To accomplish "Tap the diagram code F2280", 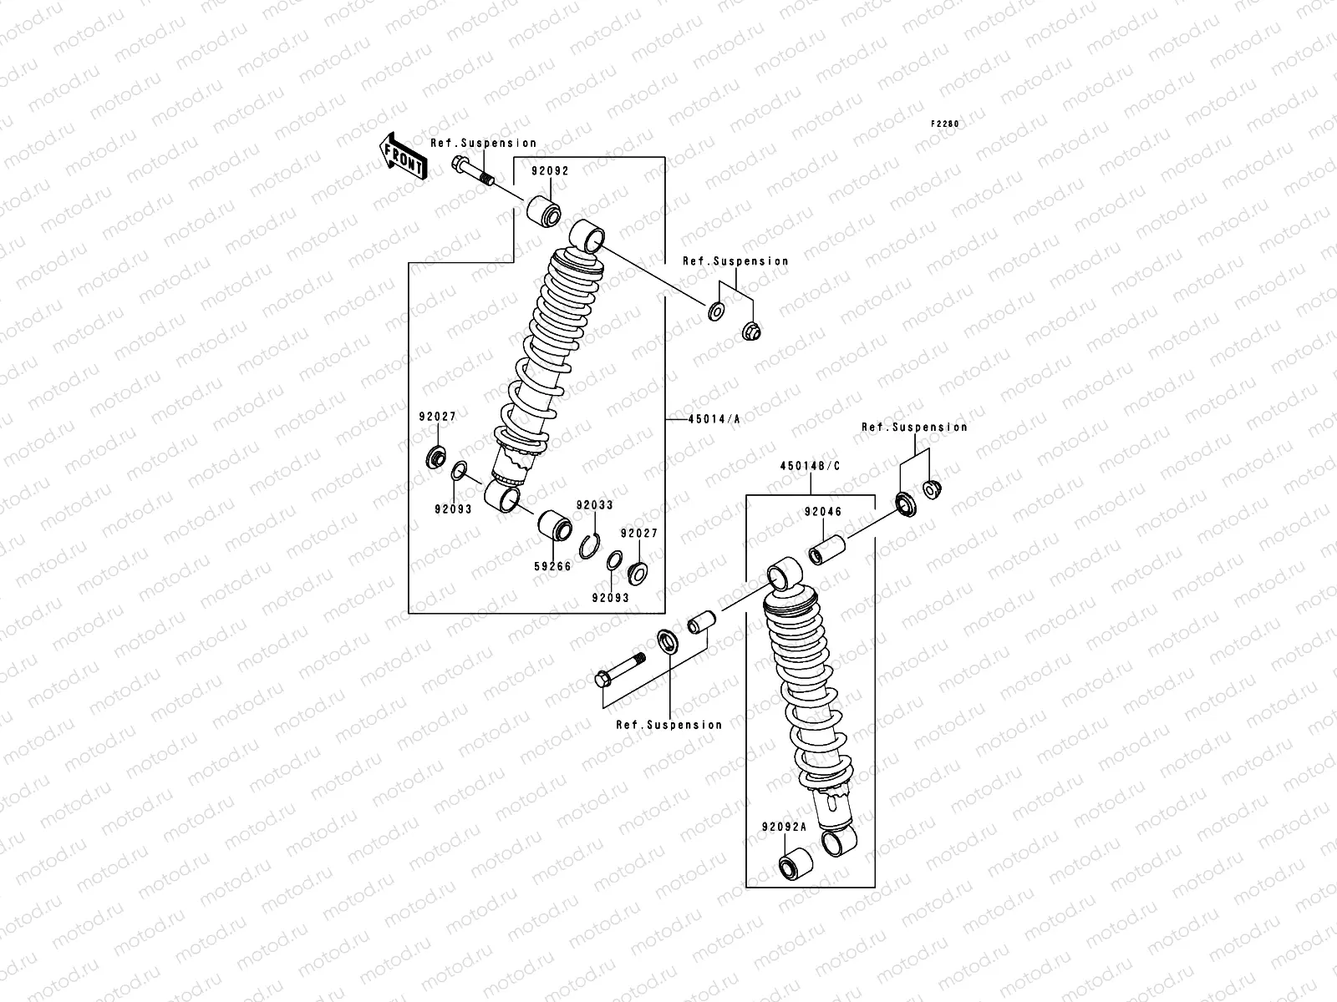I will (x=946, y=124).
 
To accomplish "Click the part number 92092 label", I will (x=550, y=170).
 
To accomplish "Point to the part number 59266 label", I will (x=552, y=565).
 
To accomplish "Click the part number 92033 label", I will (x=594, y=505).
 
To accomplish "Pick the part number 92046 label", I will (x=823, y=512).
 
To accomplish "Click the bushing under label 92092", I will (x=544, y=213).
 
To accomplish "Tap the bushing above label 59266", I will (x=554, y=526).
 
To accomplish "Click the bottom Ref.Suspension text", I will (x=668, y=725).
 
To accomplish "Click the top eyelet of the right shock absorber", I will (x=785, y=575).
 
